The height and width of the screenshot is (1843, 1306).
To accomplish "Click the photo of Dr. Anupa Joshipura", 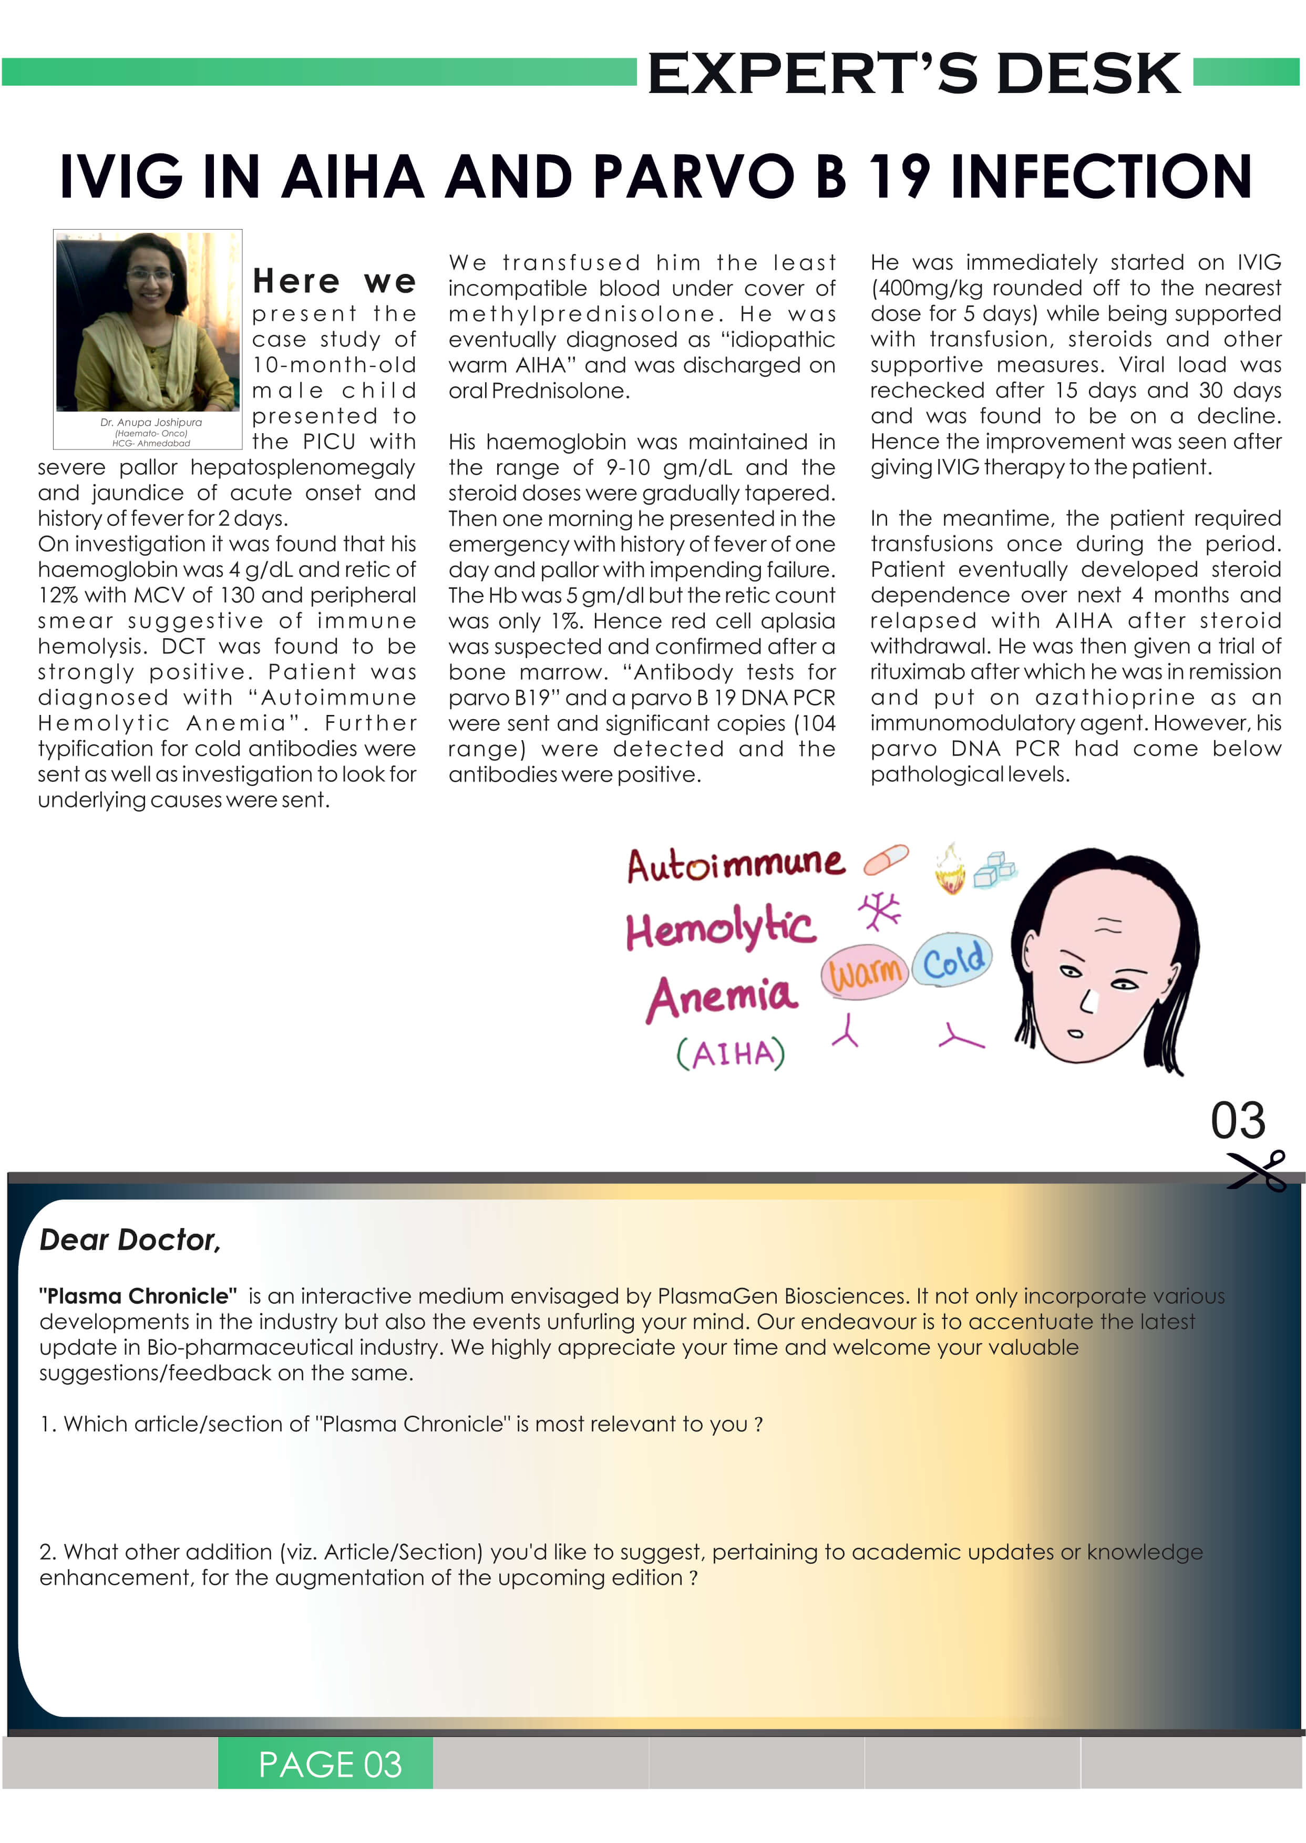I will click(x=147, y=322).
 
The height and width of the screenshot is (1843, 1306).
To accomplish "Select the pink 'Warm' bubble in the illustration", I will click(x=865, y=972).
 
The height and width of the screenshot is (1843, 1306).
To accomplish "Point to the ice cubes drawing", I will click(x=995, y=869).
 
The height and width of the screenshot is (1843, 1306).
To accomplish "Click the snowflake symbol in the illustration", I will click(x=880, y=910).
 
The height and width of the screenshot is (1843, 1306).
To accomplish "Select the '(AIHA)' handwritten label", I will click(x=730, y=1053).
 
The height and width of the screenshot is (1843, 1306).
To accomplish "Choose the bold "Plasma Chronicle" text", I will click(x=138, y=1296).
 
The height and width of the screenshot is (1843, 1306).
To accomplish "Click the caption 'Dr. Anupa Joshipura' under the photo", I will click(x=151, y=422).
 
